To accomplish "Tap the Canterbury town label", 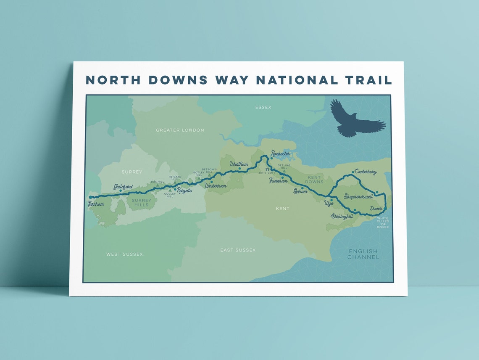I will click(x=366, y=172).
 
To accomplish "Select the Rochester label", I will click(x=281, y=154).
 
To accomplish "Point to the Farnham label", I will click(x=95, y=204).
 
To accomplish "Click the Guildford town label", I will click(x=123, y=187).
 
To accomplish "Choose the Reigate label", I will click(x=184, y=191).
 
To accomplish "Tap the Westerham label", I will click(x=216, y=186).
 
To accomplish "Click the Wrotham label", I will click(x=239, y=164).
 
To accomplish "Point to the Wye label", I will click(x=329, y=203).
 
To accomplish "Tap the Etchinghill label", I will click(x=342, y=216).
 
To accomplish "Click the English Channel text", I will click(x=363, y=254).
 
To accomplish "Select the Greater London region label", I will click(x=180, y=130).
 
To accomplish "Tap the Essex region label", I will click(x=263, y=108).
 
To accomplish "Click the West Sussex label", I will click(x=124, y=254).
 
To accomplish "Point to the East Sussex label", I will click(x=238, y=250).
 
